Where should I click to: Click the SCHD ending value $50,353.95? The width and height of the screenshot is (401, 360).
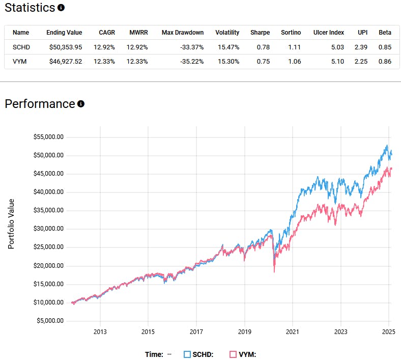(x=64, y=47)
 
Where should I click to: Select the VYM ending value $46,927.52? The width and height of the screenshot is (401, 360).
(x=64, y=62)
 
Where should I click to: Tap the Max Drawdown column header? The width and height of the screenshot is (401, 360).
(x=182, y=33)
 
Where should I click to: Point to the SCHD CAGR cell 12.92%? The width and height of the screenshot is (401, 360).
(x=105, y=47)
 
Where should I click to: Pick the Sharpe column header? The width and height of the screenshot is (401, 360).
(x=260, y=33)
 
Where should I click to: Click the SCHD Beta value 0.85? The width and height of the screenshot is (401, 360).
(x=385, y=47)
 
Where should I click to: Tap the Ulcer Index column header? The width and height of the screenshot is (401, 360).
(x=328, y=33)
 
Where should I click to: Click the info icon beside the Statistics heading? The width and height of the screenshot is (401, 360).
(x=61, y=8)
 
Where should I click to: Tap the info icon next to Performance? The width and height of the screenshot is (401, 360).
(x=81, y=104)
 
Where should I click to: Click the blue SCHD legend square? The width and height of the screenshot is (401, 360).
(x=187, y=354)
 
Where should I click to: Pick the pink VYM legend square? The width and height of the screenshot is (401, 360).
(x=233, y=354)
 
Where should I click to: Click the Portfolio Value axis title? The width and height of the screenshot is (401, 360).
(x=11, y=224)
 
